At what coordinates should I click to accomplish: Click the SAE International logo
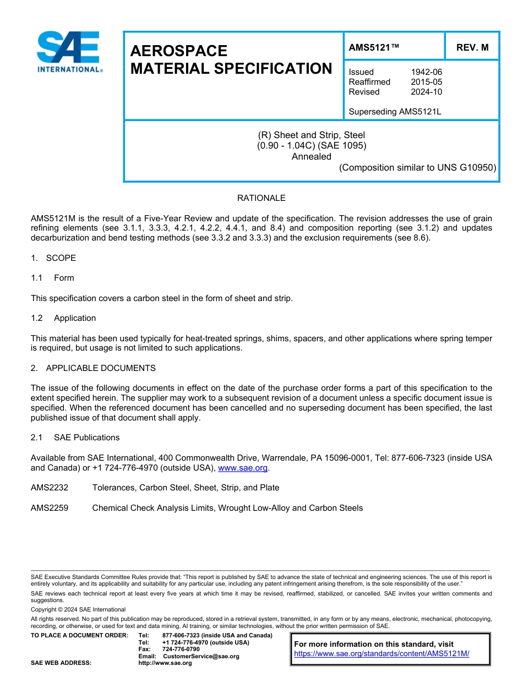click(68, 52)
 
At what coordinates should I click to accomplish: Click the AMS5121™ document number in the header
click(374, 48)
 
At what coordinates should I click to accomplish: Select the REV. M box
click(472, 48)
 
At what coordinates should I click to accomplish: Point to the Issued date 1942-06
click(426, 72)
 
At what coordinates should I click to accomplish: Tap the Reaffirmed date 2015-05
click(426, 82)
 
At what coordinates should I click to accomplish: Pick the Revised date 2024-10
click(426, 92)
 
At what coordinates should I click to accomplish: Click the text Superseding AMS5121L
click(395, 112)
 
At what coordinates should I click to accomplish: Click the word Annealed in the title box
click(311, 156)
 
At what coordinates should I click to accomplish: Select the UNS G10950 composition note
click(417, 167)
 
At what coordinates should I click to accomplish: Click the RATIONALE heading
click(261, 198)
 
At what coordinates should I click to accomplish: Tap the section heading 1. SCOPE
click(53, 258)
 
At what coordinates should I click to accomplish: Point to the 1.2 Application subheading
click(63, 318)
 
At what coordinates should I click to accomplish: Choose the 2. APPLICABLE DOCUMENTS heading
click(93, 368)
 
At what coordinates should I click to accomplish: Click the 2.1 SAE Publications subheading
click(75, 438)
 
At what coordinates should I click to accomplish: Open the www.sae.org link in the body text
click(243, 468)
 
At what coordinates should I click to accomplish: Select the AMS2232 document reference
click(50, 488)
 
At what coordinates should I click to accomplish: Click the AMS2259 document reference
click(50, 508)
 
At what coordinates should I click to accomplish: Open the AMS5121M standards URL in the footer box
click(381, 654)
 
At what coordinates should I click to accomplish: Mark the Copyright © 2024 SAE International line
click(78, 609)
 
